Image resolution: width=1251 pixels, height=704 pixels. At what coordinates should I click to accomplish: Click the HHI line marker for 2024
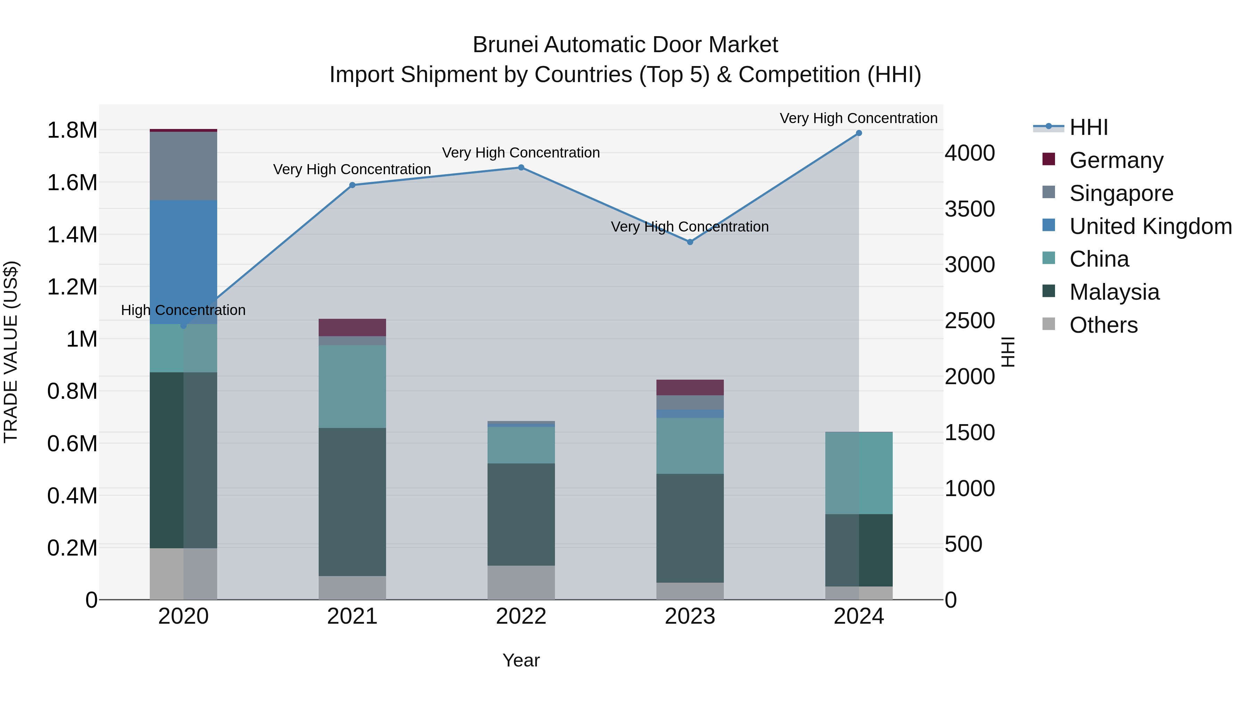[859, 133]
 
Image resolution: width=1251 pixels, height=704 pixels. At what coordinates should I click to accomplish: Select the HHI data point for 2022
[521, 168]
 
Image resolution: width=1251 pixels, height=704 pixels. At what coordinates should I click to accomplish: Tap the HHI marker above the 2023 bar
[690, 242]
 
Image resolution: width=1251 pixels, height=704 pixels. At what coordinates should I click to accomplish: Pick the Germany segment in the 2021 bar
[352, 327]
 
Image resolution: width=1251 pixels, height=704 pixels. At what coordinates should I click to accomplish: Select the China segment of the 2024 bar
[859, 473]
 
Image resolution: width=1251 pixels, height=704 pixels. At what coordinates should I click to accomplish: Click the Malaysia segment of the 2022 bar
[521, 514]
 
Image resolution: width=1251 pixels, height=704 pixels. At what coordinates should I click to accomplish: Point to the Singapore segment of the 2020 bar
[183, 166]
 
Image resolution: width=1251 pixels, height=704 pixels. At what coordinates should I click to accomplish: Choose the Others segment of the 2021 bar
[352, 588]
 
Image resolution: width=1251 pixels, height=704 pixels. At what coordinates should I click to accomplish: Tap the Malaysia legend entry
[1114, 292]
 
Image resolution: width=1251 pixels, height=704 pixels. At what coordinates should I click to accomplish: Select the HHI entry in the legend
[1088, 127]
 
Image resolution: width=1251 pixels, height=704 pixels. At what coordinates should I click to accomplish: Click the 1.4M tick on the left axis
[72, 235]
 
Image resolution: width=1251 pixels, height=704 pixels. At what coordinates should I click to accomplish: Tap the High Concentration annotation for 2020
[183, 310]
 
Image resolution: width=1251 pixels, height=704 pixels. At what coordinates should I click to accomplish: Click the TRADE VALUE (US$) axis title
[11, 352]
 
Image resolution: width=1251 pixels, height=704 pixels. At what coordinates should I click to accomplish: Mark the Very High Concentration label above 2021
[352, 170]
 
